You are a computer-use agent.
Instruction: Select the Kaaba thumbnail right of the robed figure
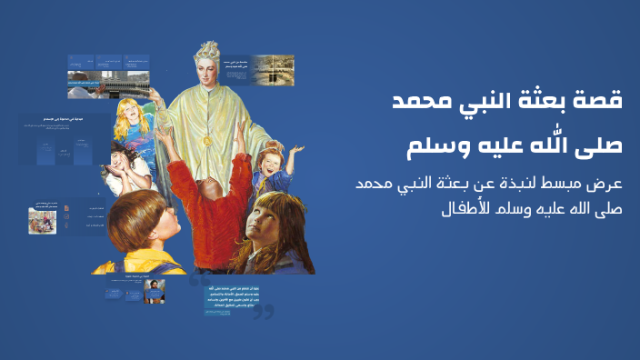(x=273, y=72)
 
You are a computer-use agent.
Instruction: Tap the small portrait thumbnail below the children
(x=155, y=292)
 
